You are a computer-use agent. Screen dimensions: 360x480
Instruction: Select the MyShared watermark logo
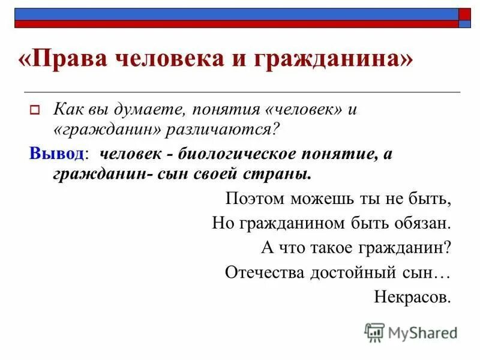point(410,332)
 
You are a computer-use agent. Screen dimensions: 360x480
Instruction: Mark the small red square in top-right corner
point(464,13)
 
